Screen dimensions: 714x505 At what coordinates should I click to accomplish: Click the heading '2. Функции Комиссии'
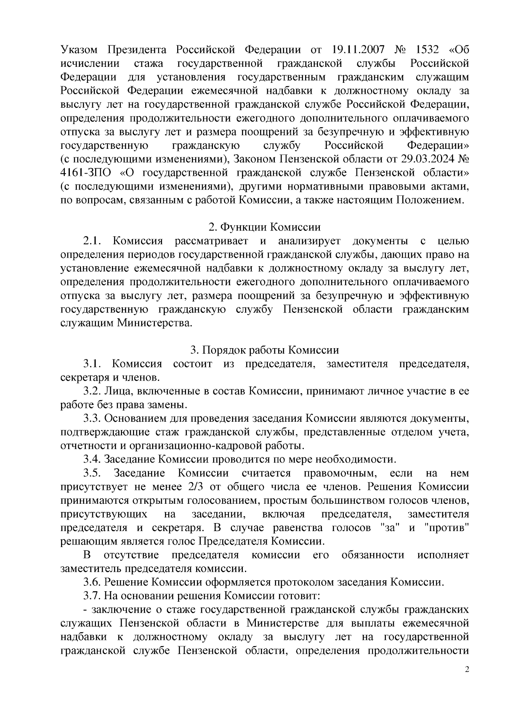265,227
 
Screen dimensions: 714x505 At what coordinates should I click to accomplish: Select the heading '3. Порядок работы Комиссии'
265,350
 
